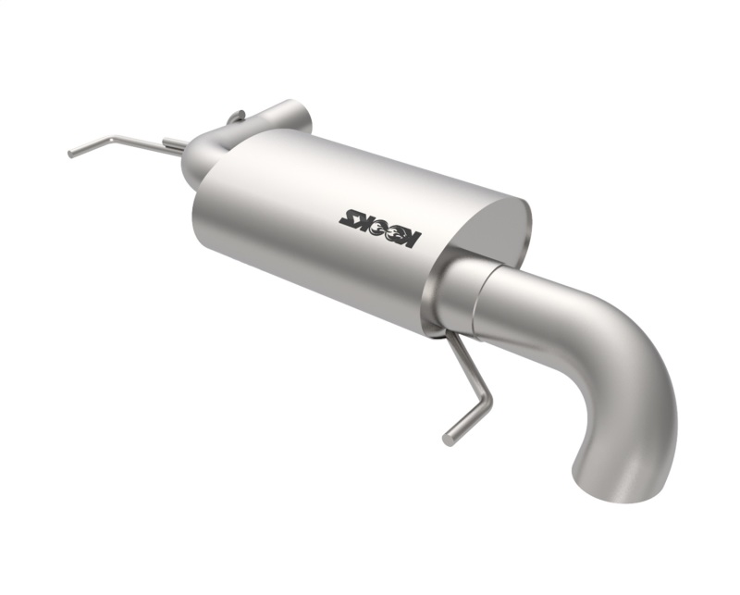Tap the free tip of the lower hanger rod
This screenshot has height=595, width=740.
447,440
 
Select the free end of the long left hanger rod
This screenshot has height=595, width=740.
71,154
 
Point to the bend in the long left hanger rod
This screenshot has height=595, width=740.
112,140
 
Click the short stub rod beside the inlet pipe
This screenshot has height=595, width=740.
173,143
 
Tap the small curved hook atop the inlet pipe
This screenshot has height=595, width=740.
235,116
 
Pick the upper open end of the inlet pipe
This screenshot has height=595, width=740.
298,115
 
